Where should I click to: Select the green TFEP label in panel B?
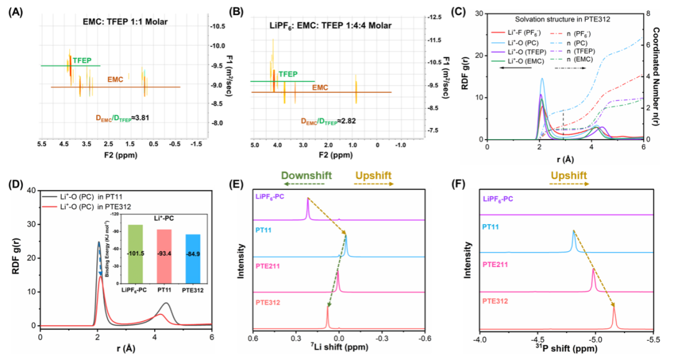(x=288, y=74)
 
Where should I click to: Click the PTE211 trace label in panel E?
(x=269, y=266)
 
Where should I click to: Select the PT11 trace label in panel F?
(x=491, y=230)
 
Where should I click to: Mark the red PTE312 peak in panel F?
(x=615, y=316)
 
